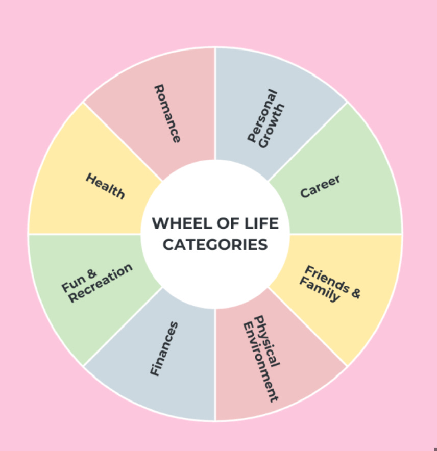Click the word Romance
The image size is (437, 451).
coord(167,113)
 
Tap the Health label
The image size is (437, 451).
coord(105,186)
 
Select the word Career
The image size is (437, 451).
coord(320,186)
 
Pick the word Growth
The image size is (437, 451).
coord(272,126)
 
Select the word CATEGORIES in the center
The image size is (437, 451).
coord(215,244)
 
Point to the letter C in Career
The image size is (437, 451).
coord(305,193)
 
